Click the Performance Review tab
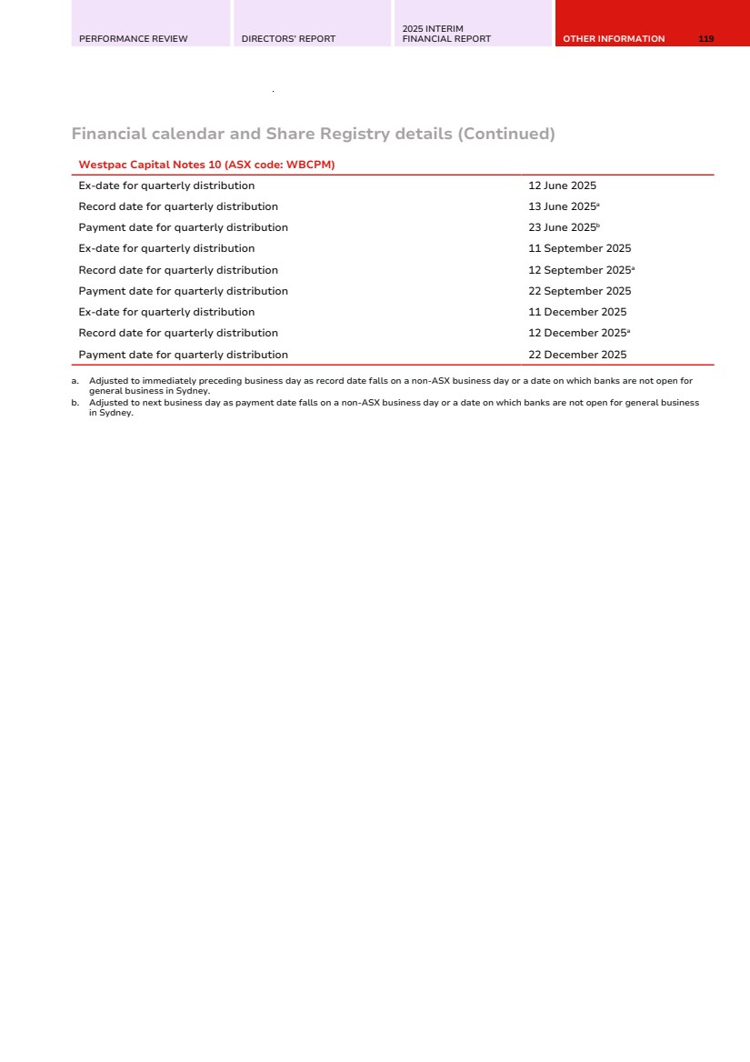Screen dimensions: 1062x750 tap(134, 39)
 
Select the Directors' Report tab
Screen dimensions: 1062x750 tap(288, 39)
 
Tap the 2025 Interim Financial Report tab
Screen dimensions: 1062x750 tap(446, 35)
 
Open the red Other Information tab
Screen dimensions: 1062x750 tap(614, 39)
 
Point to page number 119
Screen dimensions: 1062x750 tap(706, 39)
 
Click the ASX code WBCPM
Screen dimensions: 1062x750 tap(310, 165)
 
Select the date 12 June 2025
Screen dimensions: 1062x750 tap(562, 185)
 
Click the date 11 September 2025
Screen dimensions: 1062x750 tap(579, 248)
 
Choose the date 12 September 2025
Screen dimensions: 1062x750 tap(579, 270)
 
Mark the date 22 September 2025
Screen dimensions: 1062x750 tap(579, 291)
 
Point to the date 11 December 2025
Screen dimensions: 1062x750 tap(577, 312)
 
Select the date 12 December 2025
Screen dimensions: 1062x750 tap(577, 333)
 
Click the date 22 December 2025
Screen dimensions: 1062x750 tap(577, 355)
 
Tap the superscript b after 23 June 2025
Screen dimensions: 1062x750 tap(598, 225)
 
